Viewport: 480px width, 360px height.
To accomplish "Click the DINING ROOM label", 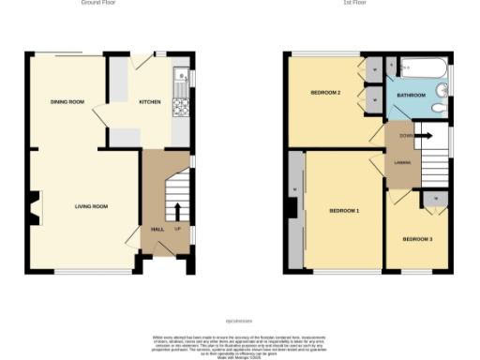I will pyautogui.click(x=67, y=101).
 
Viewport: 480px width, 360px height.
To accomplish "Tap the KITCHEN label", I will pyautogui.click(x=150, y=101).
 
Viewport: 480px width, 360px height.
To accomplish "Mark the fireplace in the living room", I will pyautogui.click(x=35, y=209).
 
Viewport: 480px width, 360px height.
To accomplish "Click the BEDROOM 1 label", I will pyautogui.click(x=344, y=211).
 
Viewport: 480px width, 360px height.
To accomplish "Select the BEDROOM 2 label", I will pyautogui.click(x=324, y=93).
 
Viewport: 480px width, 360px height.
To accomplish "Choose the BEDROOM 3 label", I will pyautogui.click(x=417, y=240).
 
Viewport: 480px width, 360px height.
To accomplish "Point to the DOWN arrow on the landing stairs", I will pyautogui.click(x=422, y=136).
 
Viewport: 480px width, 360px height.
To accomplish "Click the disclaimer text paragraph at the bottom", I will pyautogui.click(x=239, y=342).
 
